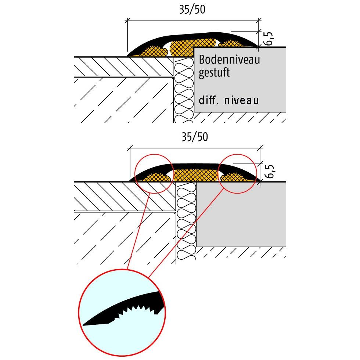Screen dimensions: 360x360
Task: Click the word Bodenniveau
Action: coord(229,60)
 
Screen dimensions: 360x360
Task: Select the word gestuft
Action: coord(214,73)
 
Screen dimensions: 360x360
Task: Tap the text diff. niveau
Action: coord(228,100)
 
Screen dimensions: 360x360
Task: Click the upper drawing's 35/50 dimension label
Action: coord(192,10)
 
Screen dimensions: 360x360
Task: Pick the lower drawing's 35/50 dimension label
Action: coord(194,137)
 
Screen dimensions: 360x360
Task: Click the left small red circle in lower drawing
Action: coord(154,173)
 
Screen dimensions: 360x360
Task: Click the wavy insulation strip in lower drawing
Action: coord(186,224)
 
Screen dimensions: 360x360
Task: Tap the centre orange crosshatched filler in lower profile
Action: coord(195,176)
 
